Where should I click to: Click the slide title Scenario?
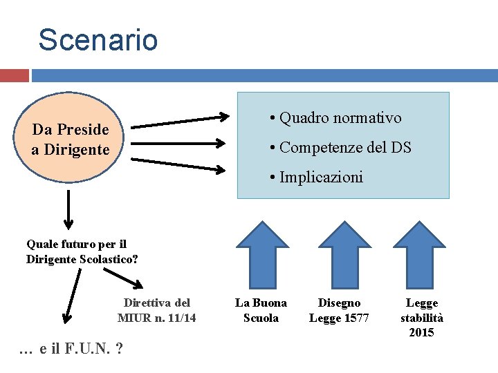tap(98, 40)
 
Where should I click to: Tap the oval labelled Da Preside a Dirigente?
tap(70, 140)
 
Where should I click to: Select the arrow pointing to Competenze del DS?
tap(179, 144)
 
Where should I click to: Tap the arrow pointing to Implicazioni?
tap(181, 165)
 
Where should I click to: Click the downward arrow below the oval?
tap(68, 209)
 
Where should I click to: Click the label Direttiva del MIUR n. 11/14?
tap(156, 310)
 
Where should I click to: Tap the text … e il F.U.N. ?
tap(72, 349)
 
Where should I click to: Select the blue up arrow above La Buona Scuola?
tap(261, 254)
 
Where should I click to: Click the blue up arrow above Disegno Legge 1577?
tap(339, 254)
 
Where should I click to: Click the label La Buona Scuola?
tap(261, 310)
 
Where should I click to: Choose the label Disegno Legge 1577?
tap(339, 310)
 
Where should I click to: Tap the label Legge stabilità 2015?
tap(422, 318)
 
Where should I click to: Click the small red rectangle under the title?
tap(14, 75)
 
